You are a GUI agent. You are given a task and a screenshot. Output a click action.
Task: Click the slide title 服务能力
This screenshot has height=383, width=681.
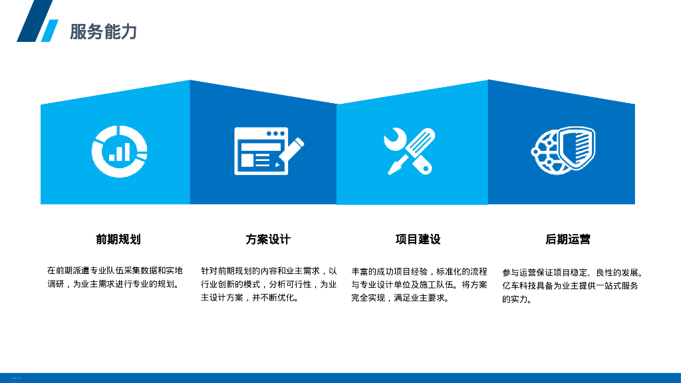(x=103, y=31)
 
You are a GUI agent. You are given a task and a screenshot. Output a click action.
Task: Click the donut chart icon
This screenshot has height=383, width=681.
(x=119, y=151)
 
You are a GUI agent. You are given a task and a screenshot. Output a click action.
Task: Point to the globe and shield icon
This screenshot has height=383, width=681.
(x=563, y=151)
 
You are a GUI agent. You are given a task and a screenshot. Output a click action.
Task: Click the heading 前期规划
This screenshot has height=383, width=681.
(x=118, y=239)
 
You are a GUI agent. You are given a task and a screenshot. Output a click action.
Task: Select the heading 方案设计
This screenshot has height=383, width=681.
(x=268, y=239)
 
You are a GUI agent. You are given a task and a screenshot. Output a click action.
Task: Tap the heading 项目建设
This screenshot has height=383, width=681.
(x=418, y=239)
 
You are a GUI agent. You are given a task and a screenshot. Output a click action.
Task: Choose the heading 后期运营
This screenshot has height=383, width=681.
(x=568, y=239)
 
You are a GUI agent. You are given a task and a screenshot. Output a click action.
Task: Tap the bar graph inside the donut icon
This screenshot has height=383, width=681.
(x=120, y=152)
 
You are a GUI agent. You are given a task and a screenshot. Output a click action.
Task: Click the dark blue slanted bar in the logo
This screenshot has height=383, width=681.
(x=35, y=21)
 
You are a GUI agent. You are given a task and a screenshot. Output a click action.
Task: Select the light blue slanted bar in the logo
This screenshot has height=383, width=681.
(x=50, y=31)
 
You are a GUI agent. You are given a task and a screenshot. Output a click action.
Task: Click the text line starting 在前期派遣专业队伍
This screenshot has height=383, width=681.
(x=114, y=271)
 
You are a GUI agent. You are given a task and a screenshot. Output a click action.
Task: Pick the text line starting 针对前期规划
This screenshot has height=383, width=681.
(x=269, y=271)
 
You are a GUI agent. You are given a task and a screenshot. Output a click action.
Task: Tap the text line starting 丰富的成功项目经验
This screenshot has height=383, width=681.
(x=419, y=271)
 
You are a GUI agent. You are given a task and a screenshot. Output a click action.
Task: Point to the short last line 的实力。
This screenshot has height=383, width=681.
(x=517, y=299)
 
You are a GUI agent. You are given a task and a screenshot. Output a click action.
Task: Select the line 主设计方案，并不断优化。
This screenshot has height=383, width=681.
(x=250, y=298)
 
